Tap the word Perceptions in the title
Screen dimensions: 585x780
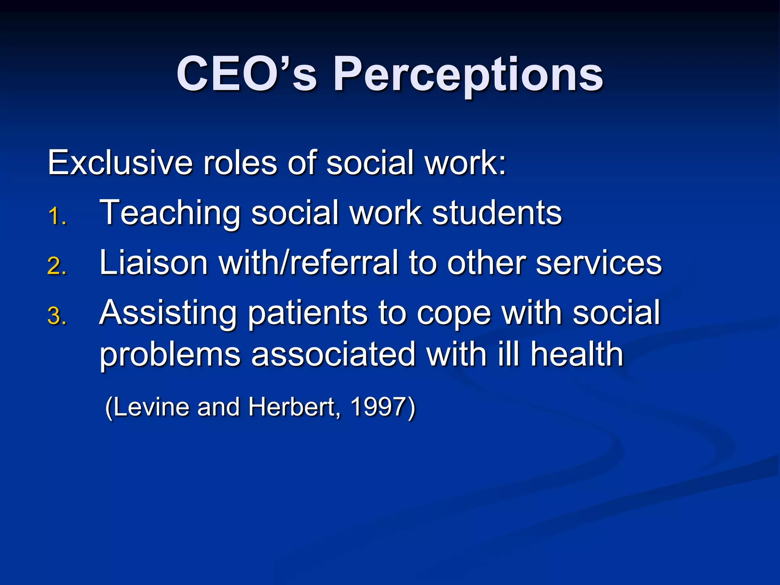[x=468, y=75]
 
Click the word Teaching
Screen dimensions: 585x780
[x=170, y=213]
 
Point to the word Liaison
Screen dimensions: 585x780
[x=153, y=262]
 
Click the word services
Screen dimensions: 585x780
[x=599, y=262]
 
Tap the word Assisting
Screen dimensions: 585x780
[x=168, y=313]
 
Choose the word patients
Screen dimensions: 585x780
[x=307, y=313]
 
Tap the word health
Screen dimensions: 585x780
[x=577, y=355]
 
